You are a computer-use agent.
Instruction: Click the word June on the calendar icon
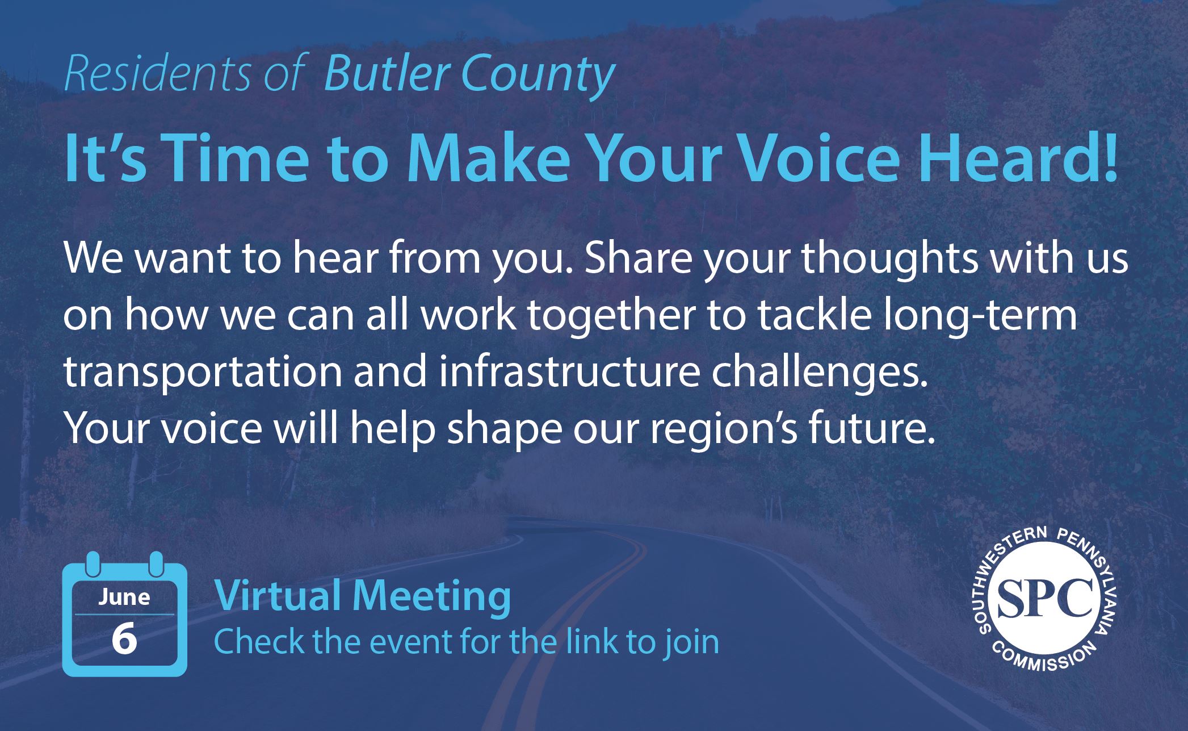point(124,598)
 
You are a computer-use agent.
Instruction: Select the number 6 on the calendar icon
point(124,639)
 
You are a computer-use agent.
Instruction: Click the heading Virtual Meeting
point(362,598)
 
